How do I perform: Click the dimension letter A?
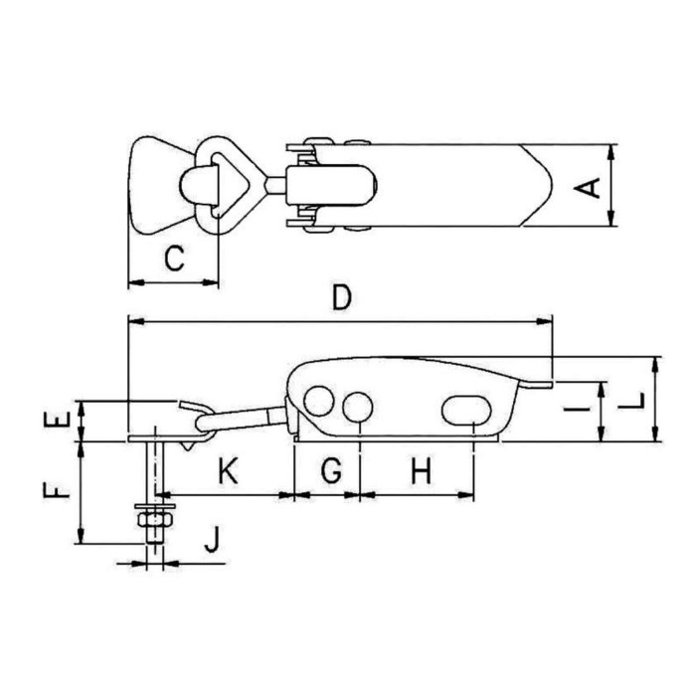(588, 188)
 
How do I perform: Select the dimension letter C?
(174, 259)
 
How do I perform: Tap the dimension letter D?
(342, 297)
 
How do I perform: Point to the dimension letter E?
(57, 420)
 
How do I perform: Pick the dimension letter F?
(57, 490)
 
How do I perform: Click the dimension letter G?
(332, 470)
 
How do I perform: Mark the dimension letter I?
(577, 408)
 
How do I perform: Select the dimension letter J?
(213, 539)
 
